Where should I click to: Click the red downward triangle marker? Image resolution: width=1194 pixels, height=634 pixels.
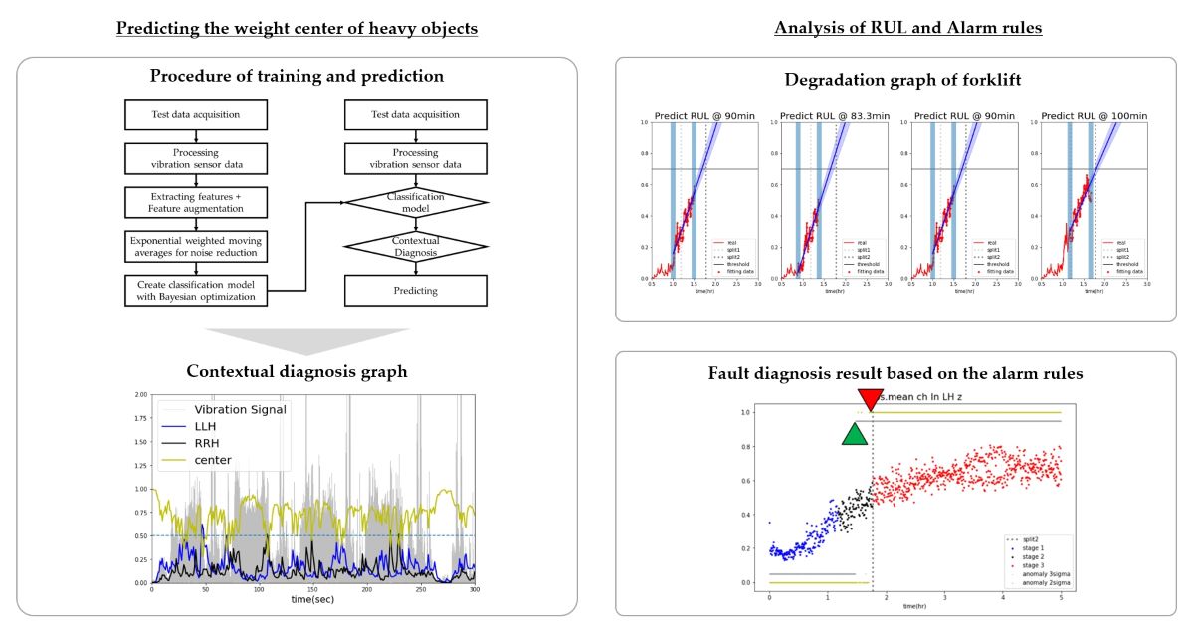[871, 398]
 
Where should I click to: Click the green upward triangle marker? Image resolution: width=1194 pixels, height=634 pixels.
[854, 435]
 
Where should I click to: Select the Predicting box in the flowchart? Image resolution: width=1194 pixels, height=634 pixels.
[416, 291]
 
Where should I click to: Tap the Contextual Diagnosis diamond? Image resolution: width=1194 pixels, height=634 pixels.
[416, 245]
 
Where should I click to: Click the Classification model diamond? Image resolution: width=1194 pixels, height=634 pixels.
[416, 202]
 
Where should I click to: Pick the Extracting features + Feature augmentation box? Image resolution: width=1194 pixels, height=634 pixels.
[197, 202]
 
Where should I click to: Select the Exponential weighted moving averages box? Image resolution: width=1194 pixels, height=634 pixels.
[197, 246]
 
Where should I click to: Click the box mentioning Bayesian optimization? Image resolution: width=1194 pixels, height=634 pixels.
[197, 291]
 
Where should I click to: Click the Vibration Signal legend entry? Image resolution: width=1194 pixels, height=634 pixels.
[239, 409]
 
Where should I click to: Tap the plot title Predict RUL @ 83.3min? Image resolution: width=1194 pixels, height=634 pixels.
[822, 116]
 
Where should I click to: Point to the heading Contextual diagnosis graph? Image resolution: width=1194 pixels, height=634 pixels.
[297, 372]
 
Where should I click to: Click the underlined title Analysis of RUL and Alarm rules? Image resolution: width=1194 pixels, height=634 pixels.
[907, 28]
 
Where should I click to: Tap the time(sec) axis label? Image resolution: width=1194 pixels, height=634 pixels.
[312, 599]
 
